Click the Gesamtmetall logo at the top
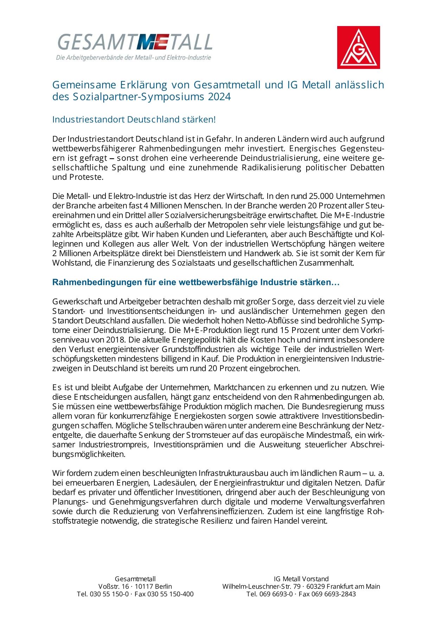135,46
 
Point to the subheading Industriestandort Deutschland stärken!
134,119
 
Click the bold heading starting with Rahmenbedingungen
195,282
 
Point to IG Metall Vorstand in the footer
301,579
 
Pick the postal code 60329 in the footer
317,586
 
